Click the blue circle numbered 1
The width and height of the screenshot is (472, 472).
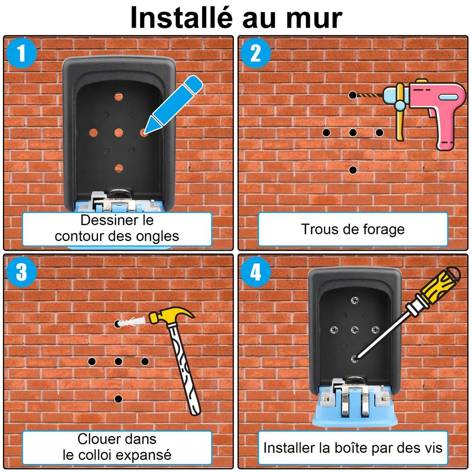click(x=21, y=53)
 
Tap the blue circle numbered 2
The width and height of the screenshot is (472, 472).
click(x=256, y=53)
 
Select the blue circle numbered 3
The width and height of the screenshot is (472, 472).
click(x=21, y=272)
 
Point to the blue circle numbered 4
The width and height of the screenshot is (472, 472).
click(x=256, y=272)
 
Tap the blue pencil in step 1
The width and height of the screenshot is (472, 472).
click(x=173, y=104)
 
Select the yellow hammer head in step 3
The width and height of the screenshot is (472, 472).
click(x=171, y=316)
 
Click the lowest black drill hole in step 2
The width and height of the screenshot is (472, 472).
click(x=353, y=170)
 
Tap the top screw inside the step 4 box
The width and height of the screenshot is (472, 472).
click(x=355, y=300)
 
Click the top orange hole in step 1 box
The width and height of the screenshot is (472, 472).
click(x=119, y=97)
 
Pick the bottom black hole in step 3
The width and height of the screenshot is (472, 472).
click(x=118, y=399)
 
